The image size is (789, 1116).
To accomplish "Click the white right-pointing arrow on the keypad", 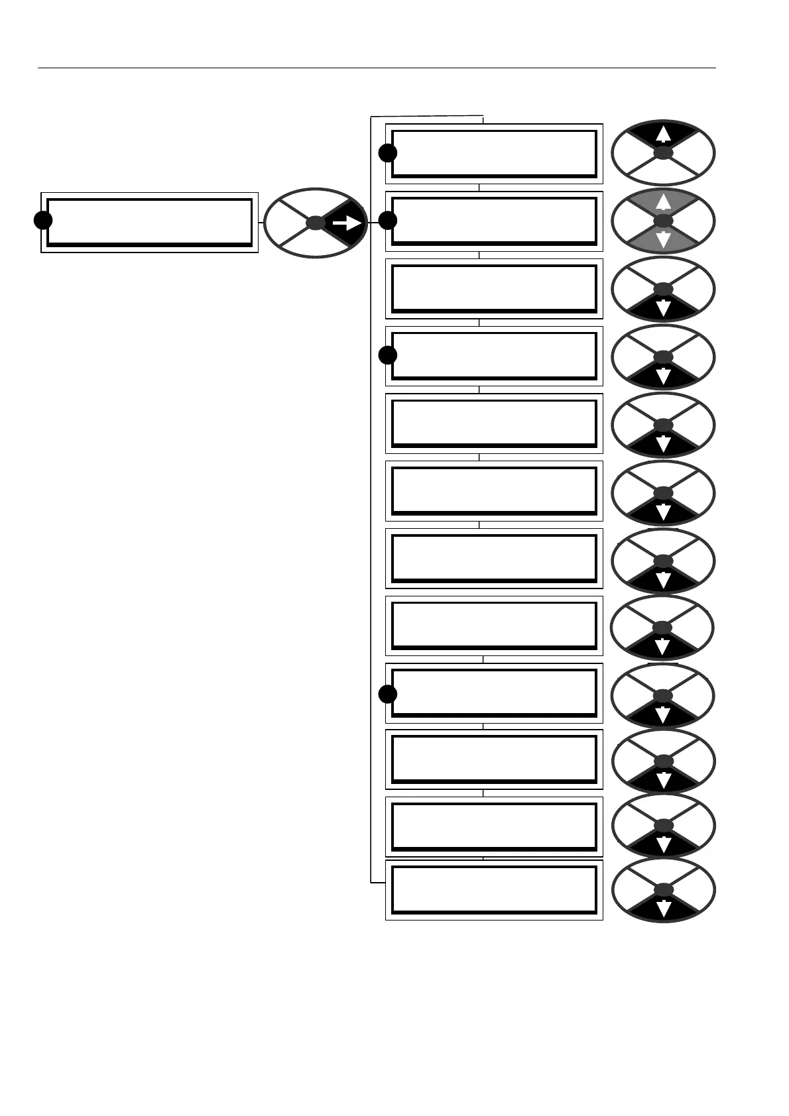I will (347, 224).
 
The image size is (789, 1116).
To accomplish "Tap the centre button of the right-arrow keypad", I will (316, 223).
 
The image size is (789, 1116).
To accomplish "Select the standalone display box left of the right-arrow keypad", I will (149, 223).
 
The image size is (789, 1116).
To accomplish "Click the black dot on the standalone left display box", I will (43, 221).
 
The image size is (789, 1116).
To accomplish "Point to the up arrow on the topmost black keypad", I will (663, 135).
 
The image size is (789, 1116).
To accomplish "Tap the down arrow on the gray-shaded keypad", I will (663, 239).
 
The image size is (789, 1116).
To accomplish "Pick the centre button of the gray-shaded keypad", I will (663, 221).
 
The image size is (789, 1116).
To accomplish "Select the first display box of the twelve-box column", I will (494, 154).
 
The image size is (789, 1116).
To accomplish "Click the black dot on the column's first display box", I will (388, 153).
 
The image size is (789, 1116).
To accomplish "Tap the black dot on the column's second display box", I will (388, 220).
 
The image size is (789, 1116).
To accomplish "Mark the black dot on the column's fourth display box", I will (388, 355).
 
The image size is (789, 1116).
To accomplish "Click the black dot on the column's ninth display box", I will (388, 694).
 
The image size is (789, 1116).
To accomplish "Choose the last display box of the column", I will (494, 890).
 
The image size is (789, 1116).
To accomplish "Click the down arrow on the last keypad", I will (663, 909).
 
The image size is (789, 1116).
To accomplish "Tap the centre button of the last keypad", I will (663, 890).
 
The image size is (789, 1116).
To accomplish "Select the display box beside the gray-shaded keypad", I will (494, 221).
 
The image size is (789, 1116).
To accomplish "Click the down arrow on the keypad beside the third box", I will (663, 307).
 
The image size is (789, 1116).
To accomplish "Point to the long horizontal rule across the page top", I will (377, 68).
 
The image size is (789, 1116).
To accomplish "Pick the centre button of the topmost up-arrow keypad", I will (663, 153).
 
